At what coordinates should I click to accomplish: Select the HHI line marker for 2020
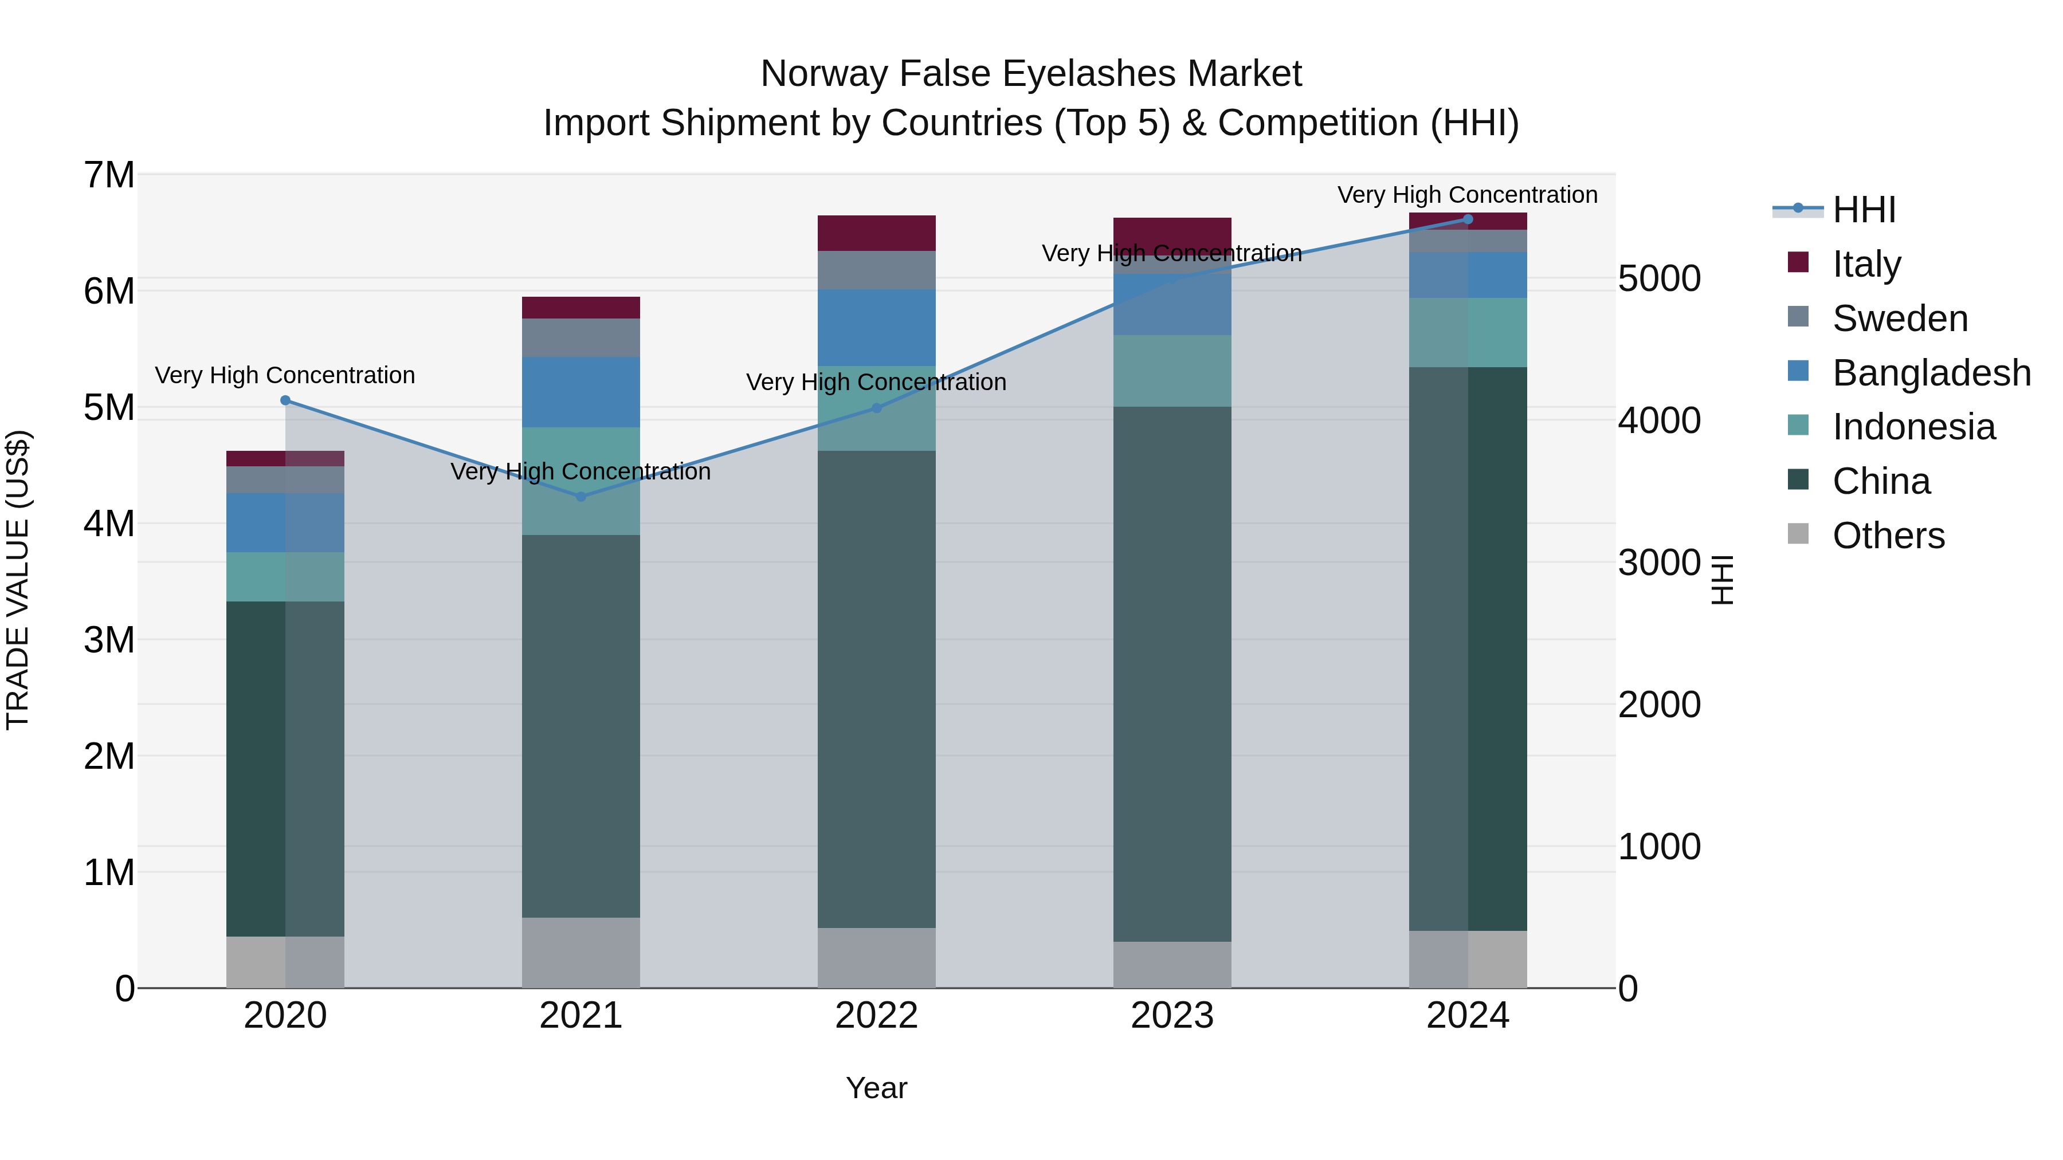pos(285,400)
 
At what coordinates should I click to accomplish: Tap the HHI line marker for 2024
pos(1467,219)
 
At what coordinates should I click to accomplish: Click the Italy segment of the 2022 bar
pos(876,233)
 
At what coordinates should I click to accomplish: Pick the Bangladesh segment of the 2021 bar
pos(581,392)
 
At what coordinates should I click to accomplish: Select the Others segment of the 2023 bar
pos(1172,965)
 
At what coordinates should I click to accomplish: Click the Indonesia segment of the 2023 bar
pos(1172,371)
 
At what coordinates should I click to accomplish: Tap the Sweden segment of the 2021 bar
pos(581,338)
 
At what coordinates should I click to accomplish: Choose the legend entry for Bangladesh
pos(1931,373)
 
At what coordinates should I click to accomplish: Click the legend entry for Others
pos(1888,536)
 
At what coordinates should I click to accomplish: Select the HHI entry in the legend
pos(1864,210)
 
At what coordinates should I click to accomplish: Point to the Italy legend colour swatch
pos(1798,262)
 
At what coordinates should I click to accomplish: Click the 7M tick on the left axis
pos(109,175)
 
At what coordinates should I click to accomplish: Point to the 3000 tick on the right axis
pos(1658,563)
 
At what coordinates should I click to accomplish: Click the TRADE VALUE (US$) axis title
pos(18,580)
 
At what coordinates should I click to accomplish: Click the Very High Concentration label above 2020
pos(285,375)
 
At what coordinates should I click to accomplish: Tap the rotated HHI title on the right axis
pos(1723,580)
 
